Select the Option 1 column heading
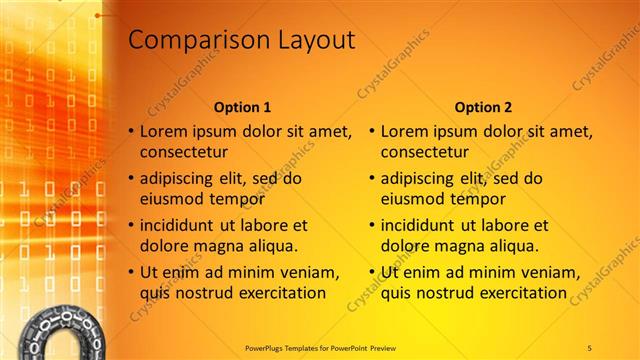243,107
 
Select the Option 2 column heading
484,107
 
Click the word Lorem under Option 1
163,131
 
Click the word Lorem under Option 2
404,131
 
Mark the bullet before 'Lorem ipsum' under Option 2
372,132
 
